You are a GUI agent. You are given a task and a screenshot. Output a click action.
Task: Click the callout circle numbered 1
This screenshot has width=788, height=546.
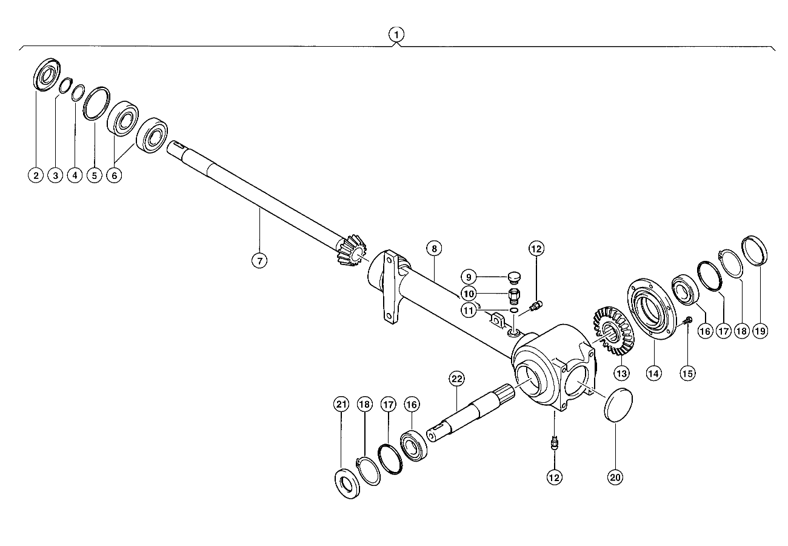click(396, 35)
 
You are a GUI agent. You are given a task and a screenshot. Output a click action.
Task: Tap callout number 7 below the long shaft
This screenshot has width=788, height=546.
click(259, 261)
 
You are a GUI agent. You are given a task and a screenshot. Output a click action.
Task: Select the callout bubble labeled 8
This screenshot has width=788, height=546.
click(434, 249)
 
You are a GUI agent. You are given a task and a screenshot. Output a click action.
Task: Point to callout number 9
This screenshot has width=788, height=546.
click(468, 277)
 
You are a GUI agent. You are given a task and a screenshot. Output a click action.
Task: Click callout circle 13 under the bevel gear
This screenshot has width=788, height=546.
click(621, 373)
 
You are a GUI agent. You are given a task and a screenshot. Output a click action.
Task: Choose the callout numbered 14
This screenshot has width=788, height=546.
click(653, 373)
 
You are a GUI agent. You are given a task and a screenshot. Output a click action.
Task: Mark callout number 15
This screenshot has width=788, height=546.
click(687, 373)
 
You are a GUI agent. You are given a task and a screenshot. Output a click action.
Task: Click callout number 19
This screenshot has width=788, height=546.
click(760, 331)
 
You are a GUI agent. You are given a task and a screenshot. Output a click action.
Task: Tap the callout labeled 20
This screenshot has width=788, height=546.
click(615, 477)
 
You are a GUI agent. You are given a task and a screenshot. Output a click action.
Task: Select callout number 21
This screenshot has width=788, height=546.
click(341, 405)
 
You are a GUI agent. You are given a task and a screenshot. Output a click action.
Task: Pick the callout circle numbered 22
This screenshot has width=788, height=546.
click(456, 379)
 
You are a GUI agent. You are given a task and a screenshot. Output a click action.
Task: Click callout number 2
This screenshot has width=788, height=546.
click(36, 175)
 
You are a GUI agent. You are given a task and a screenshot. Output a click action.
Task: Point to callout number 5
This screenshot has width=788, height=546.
click(95, 175)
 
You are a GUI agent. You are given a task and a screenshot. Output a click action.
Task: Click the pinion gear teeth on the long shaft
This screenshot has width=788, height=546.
click(352, 250)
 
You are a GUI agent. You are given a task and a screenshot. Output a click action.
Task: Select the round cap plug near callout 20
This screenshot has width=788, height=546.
click(618, 404)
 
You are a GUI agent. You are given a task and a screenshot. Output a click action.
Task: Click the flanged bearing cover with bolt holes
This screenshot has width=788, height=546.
click(652, 309)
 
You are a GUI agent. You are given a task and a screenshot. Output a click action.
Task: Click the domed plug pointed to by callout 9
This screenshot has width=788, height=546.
click(515, 277)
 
